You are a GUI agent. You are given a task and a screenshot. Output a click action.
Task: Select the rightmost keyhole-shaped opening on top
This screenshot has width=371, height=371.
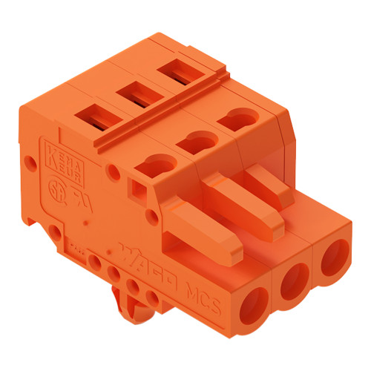[x=237, y=116]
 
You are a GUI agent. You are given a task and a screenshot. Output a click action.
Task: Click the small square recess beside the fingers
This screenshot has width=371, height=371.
[x=138, y=192]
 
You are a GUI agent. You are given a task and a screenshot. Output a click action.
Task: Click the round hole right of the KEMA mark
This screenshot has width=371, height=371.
[x=112, y=172]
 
